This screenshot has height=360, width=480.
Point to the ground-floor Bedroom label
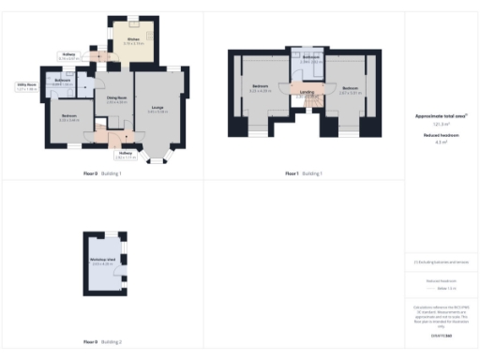[70, 118]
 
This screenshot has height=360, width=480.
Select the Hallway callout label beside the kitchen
[68, 55]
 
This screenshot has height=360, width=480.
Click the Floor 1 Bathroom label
[311, 58]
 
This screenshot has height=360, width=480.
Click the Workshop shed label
[103, 262]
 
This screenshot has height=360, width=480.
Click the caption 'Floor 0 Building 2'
[102, 341]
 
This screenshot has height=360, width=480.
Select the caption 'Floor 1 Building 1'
[304, 173]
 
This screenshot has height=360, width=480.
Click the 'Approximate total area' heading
[442, 116]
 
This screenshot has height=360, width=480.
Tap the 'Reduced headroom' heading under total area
[442, 135]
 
